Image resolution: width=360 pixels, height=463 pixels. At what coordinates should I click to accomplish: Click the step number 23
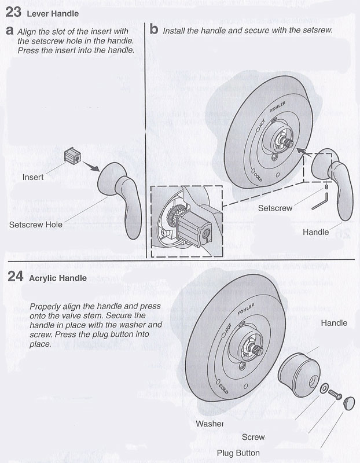tap(13, 11)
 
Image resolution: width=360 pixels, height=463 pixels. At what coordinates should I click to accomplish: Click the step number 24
tap(15, 277)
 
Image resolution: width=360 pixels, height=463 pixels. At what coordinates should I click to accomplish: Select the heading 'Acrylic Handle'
tap(57, 278)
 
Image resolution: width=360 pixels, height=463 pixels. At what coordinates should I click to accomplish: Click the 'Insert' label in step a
tap(33, 177)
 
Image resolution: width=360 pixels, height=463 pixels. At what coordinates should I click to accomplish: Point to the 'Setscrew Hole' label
tap(36, 224)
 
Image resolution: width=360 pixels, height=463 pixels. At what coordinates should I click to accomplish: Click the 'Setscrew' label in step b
tap(275, 207)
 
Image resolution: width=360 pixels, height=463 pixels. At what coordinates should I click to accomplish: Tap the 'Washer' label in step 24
tap(210, 423)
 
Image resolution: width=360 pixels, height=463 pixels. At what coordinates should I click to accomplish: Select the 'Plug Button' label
tap(238, 453)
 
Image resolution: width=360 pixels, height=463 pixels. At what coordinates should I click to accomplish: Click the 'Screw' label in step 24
tap(253, 438)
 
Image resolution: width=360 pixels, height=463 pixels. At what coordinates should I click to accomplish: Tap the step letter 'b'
tap(154, 29)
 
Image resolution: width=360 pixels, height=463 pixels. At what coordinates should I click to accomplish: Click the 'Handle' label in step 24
tap(334, 323)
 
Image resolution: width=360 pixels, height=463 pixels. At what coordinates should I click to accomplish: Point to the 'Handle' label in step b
tap(315, 232)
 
